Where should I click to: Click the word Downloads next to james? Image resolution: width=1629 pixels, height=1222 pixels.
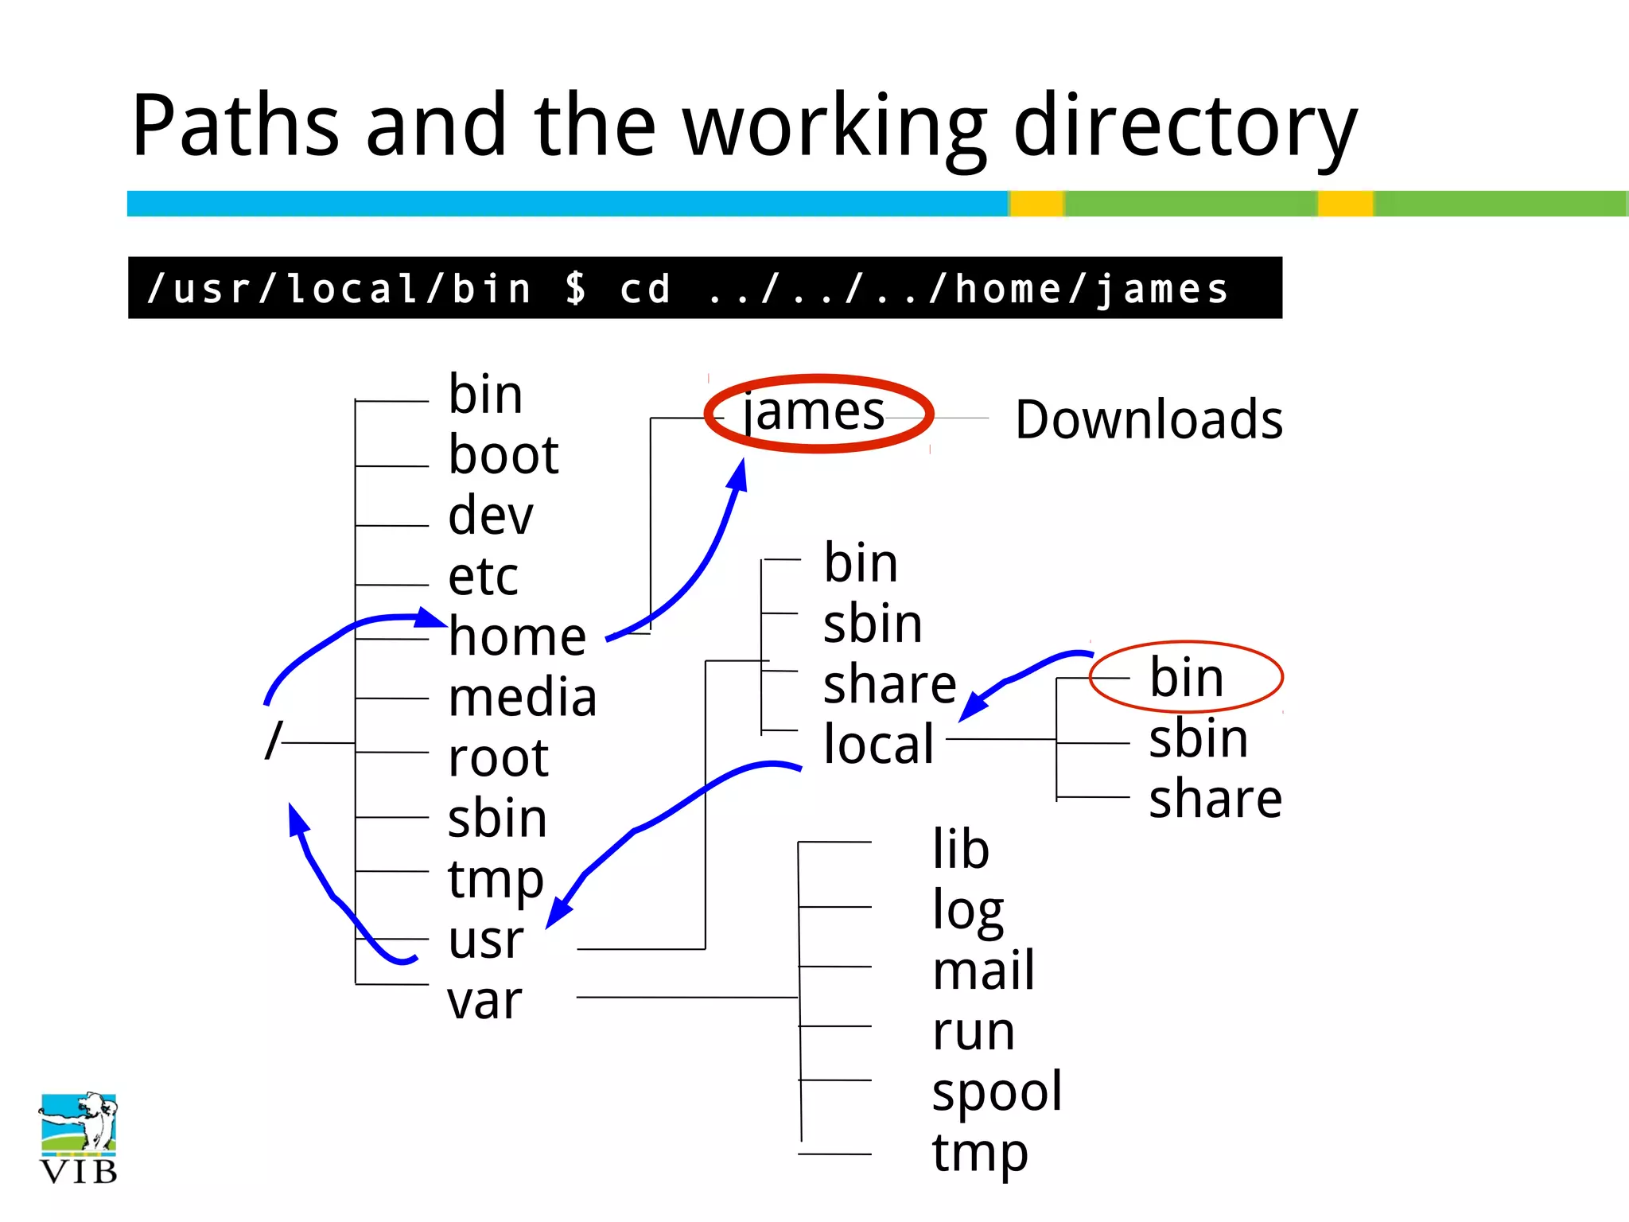[1149, 419]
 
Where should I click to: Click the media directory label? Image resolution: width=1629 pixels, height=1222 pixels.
[522, 698]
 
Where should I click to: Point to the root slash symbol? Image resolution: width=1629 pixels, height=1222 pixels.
[273, 741]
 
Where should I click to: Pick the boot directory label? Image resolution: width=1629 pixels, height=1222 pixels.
[503, 455]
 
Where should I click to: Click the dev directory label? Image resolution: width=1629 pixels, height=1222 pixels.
[491, 516]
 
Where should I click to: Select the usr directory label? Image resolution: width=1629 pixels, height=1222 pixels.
[485, 940]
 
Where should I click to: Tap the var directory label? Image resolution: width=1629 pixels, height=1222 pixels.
[484, 1001]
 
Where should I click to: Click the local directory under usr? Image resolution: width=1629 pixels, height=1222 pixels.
[878, 744]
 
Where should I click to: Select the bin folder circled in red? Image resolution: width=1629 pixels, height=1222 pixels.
[1186, 678]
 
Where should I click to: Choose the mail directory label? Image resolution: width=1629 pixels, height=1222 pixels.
[983, 971]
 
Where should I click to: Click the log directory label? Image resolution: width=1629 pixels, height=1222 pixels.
[968, 911]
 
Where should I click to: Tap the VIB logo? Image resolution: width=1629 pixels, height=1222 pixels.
[78, 1138]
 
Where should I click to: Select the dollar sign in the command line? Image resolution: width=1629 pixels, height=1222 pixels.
[576, 288]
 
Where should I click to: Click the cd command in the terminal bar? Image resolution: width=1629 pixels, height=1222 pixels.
[645, 288]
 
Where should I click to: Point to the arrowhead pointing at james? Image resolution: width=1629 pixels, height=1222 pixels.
[739, 475]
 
